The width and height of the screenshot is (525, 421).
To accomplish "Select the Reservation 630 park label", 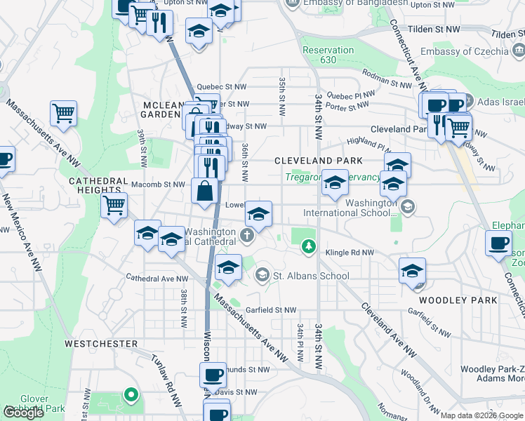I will (328, 55).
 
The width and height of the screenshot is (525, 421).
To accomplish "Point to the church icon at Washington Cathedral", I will (247, 235).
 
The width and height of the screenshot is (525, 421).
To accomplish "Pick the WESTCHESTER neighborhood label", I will (101, 344).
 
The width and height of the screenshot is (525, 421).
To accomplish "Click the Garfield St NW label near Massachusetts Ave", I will (270, 309).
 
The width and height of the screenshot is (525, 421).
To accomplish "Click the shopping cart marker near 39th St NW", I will (114, 206).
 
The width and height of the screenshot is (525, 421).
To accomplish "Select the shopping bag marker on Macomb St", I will (204, 191).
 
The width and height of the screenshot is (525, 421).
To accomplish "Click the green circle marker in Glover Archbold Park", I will (131, 394).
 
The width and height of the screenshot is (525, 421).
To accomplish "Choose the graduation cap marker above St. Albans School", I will (228, 267).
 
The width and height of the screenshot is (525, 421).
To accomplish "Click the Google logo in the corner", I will (24, 413).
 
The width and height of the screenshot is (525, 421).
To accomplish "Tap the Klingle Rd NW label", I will (348, 252).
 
